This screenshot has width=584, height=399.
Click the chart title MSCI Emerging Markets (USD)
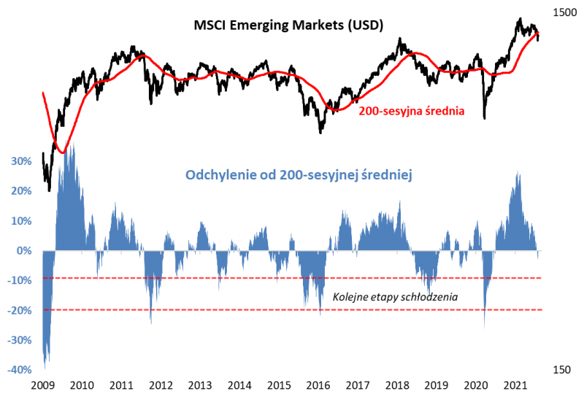pos(288,25)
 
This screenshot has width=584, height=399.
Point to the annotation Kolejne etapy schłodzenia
pos(394,298)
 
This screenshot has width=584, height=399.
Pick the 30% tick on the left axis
pos(20,161)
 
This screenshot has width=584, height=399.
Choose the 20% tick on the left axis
pos(20,191)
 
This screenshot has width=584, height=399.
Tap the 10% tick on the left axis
pos(20,221)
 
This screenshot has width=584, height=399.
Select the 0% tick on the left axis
pos(23,251)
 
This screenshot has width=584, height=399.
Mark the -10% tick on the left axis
pos(19,281)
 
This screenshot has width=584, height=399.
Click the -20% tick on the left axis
pos(19,311)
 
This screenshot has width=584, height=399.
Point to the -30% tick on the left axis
pos(19,341)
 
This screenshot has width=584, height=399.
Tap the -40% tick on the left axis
pos(19,370)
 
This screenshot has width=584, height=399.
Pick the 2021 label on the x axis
pos(517,385)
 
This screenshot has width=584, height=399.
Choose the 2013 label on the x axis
pos(200,385)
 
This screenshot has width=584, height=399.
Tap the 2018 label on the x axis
pos(398,385)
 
